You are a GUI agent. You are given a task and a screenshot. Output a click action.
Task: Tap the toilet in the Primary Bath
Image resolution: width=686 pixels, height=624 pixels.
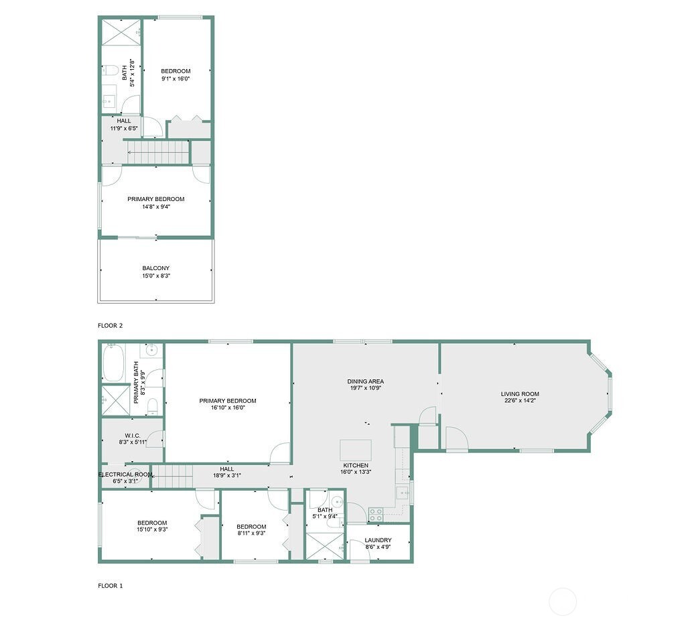click(x=153, y=406)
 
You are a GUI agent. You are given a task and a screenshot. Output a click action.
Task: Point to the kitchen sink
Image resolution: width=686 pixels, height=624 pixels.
click(x=401, y=493)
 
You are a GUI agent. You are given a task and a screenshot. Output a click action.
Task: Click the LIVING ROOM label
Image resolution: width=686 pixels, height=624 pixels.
click(x=520, y=394)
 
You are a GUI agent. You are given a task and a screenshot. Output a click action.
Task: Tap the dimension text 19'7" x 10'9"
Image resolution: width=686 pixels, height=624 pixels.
click(x=365, y=388)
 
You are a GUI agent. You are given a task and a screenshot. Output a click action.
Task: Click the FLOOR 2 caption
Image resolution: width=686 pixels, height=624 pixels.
click(x=111, y=326)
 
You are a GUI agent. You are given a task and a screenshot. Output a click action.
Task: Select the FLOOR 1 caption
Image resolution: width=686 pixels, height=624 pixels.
click(x=111, y=586)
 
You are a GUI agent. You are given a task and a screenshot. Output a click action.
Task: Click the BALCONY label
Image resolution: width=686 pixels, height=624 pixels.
click(x=155, y=268)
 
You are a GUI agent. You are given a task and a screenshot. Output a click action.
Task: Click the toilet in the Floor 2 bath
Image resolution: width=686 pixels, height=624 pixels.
click(x=111, y=69)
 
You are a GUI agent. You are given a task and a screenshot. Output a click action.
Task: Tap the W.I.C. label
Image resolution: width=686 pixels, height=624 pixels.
click(x=132, y=435)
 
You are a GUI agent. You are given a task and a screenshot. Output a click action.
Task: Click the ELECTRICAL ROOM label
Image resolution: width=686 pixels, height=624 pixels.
click(x=125, y=475)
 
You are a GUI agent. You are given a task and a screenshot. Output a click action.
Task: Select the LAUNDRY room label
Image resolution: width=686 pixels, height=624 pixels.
click(x=378, y=540)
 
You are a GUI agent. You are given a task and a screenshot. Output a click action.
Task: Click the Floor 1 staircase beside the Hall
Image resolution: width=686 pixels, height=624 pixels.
click(x=173, y=478)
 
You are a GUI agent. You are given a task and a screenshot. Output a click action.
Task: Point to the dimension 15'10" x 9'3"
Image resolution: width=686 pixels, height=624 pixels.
click(x=152, y=529)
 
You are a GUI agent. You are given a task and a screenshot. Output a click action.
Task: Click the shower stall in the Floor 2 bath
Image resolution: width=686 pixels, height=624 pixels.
click(x=121, y=32)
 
